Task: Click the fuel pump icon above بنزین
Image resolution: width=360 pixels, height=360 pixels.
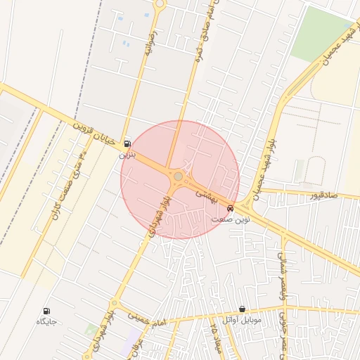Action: (127, 143)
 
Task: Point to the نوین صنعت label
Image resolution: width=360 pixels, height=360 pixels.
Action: (231, 219)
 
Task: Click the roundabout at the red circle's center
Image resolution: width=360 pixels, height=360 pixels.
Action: (179, 176)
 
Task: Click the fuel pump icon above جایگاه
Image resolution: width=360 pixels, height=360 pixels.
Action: (47, 311)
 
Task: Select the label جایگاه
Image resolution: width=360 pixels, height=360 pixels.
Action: (46, 321)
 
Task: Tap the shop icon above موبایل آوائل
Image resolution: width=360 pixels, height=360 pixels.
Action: (243, 309)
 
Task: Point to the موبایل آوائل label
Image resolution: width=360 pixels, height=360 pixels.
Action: (242, 320)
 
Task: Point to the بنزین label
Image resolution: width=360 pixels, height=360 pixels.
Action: (127, 153)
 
